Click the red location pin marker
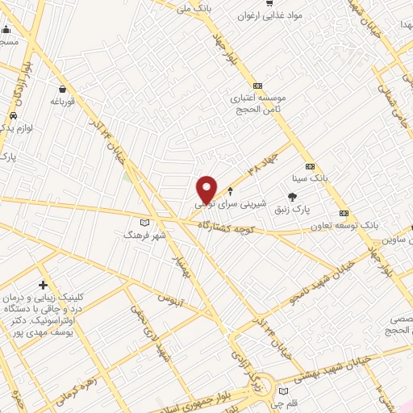(x=206, y=189)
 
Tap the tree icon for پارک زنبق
(x=292, y=196)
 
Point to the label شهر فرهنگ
(x=144, y=235)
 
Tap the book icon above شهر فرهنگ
(x=145, y=222)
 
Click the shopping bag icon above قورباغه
(x=63, y=89)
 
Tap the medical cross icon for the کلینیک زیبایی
(x=42, y=285)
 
